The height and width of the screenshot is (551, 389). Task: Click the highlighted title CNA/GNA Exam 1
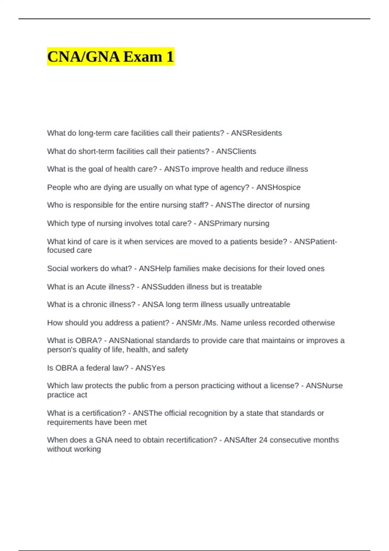[x=111, y=57]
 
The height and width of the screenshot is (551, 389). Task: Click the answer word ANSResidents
[x=256, y=133]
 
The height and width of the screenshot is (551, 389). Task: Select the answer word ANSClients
[x=236, y=151]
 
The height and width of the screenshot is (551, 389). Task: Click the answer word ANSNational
[x=131, y=341]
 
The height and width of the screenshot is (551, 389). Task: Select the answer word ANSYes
[x=150, y=368]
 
